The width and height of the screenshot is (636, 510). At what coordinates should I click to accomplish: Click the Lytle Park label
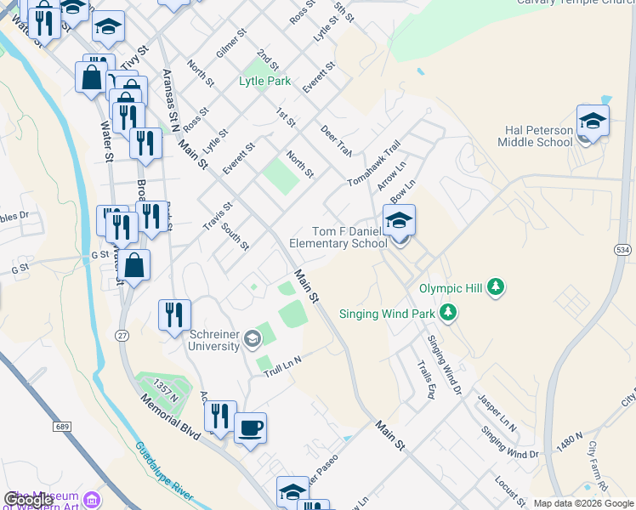[x=264, y=82]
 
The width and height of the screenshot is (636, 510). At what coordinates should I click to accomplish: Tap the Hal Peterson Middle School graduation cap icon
[x=593, y=121]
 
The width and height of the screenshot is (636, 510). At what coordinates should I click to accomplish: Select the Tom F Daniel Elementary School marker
[x=399, y=221]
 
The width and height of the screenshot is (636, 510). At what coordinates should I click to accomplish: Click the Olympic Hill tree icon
[x=496, y=288]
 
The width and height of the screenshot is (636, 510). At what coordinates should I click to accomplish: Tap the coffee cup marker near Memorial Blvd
[x=250, y=428]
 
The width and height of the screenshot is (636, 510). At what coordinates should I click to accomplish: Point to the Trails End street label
[x=426, y=381]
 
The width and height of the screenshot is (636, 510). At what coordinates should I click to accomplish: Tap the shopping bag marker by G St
[x=134, y=264]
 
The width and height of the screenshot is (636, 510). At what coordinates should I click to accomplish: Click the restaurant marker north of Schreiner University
[x=174, y=314]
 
